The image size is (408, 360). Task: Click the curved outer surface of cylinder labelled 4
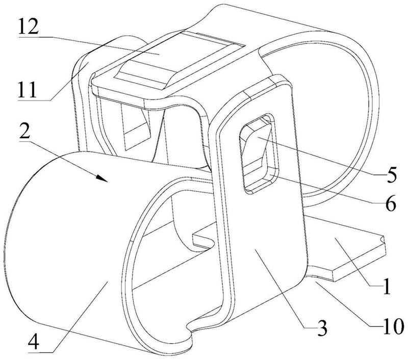[x=66, y=245]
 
